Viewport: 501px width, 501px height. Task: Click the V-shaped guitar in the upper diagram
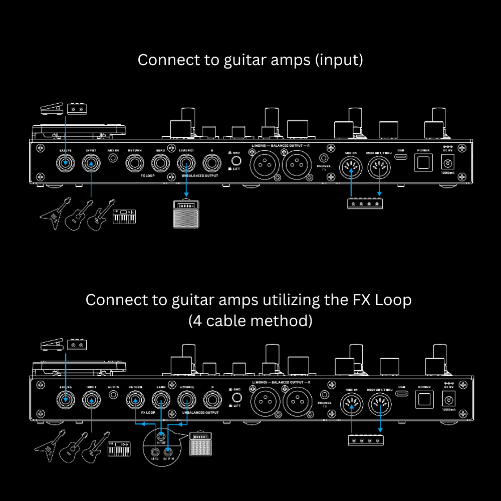(x=53, y=214)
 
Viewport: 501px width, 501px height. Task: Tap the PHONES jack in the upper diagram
(x=324, y=158)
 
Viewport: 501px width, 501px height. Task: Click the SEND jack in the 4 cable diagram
(x=161, y=400)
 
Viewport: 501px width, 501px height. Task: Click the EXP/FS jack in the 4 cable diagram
(x=65, y=400)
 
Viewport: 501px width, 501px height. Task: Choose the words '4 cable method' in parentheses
(x=250, y=321)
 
